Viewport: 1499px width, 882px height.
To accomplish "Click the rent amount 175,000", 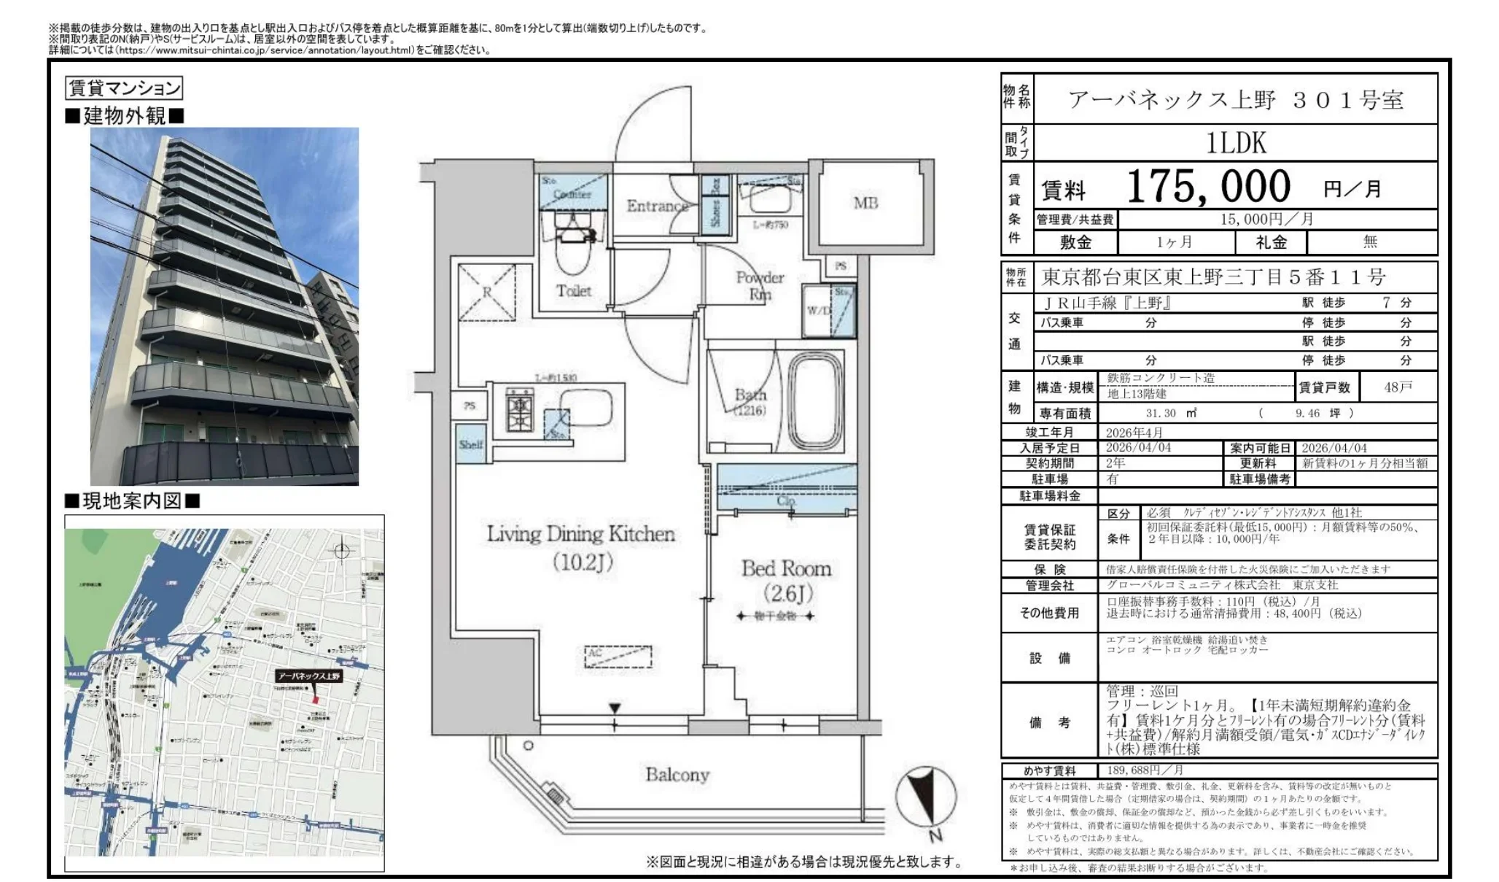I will pyautogui.click(x=1208, y=187).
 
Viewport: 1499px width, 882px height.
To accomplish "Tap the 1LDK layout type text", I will pyautogui.click(x=1236, y=143).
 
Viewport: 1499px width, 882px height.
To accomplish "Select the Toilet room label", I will pyautogui.click(x=574, y=290).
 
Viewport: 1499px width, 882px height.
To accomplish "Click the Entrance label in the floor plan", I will pyautogui.click(x=657, y=206).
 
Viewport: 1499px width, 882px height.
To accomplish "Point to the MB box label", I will pyautogui.click(x=865, y=203).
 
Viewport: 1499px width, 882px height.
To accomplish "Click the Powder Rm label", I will pyautogui.click(x=760, y=285).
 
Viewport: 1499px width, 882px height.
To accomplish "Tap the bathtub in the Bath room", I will pyautogui.click(x=815, y=403).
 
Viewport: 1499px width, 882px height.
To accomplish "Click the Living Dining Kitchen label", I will pyautogui.click(x=580, y=534).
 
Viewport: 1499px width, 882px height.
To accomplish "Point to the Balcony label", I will pyautogui.click(x=677, y=774).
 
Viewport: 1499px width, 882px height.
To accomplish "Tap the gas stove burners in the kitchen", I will pyautogui.click(x=521, y=413).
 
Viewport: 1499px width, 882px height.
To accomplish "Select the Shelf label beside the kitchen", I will pyautogui.click(x=470, y=444).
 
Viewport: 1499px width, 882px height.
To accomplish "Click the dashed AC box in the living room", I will pyautogui.click(x=618, y=657).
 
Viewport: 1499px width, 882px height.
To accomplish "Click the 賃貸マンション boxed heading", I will pyautogui.click(x=124, y=88).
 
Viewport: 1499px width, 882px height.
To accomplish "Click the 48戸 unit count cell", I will pyautogui.click(x=1398, y=387).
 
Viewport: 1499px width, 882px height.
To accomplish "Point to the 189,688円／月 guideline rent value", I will pyautogui.click(x=1145, y=770).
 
